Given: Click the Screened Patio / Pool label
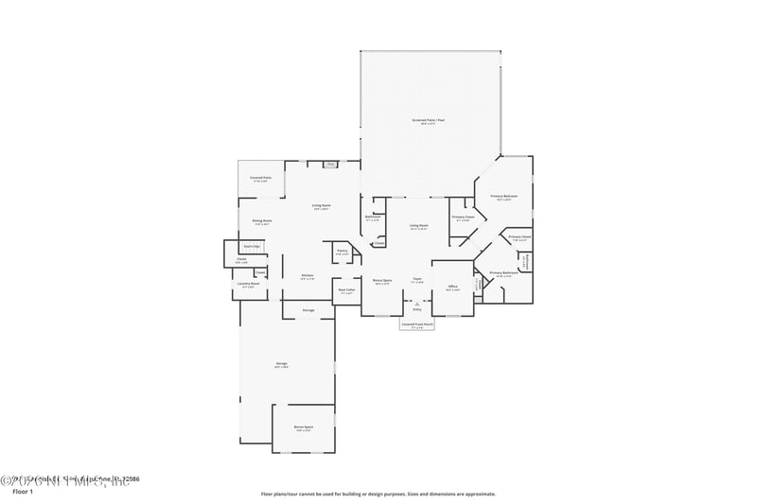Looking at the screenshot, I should point(430,121).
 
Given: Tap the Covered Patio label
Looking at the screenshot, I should point(261,178).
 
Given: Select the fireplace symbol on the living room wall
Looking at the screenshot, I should point(331,165).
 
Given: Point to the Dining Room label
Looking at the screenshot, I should point(261,221).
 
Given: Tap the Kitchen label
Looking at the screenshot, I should point(308,275).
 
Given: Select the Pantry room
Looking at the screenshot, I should point(342,252).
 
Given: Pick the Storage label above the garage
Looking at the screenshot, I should point(308,310).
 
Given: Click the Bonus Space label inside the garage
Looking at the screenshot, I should point(303,427).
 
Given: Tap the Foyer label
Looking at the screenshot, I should point(417,280).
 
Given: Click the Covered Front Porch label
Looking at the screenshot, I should point(416,323).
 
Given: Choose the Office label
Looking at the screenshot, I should point(452,287).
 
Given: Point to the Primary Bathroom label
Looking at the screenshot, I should point(503,273).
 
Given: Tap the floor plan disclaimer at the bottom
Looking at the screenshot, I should point(378,494).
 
